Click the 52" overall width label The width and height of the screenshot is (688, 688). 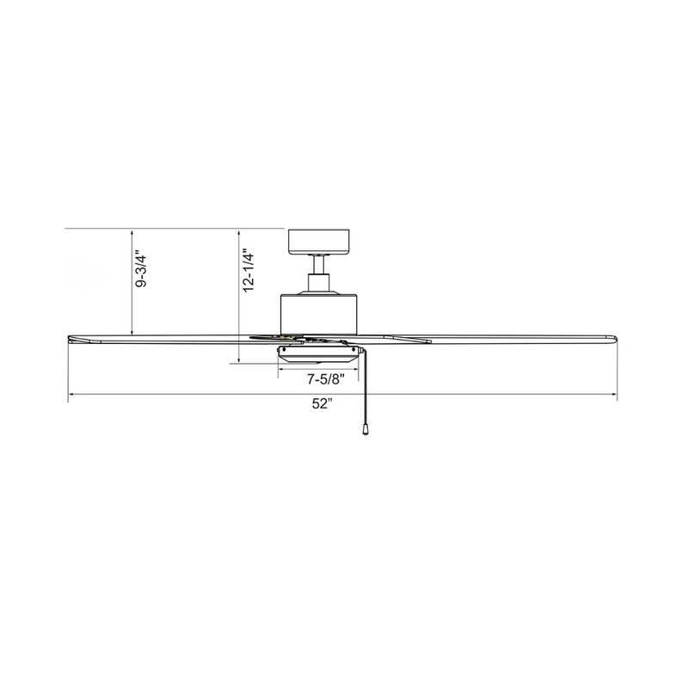[322, 406]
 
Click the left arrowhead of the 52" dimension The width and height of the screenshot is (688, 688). [72, 395]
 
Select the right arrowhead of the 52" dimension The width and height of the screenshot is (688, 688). [614, 395]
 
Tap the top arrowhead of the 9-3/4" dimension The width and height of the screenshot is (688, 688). [131, 232]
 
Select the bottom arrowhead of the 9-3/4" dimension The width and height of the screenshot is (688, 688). [131, 330]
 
